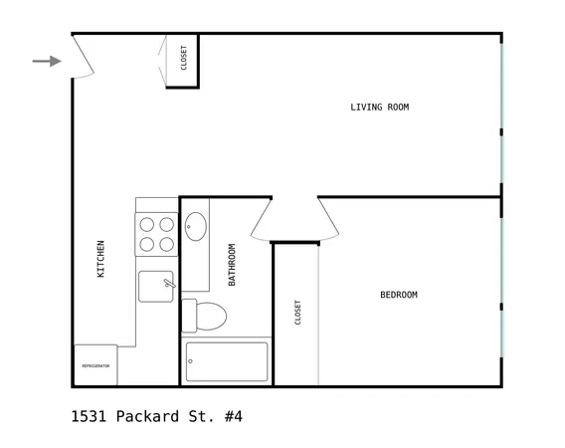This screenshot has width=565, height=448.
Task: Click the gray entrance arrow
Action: click(46, 61)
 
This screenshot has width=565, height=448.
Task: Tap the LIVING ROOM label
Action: click(379, 107)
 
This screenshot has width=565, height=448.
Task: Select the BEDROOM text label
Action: click(398, 295)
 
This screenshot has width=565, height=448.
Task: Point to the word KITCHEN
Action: click(100, 259)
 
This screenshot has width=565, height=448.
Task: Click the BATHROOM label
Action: click(232, 265)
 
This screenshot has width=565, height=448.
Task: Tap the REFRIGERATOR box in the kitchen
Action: click(95, 365)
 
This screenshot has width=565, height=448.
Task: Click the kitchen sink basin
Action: click(155, 286)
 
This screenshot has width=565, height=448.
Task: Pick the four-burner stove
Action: click(156, 234)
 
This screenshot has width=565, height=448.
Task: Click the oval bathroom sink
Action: click(195, 226)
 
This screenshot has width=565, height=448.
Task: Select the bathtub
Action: click(227, 361)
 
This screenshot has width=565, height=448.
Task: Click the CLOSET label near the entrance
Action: click(183, 58)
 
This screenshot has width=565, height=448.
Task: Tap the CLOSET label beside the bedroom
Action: click(296, 313)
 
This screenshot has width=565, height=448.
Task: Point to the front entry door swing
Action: click(84, 58)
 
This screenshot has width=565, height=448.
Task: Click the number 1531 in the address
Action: click(90, 416)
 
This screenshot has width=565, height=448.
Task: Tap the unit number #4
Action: click(233, 416)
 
